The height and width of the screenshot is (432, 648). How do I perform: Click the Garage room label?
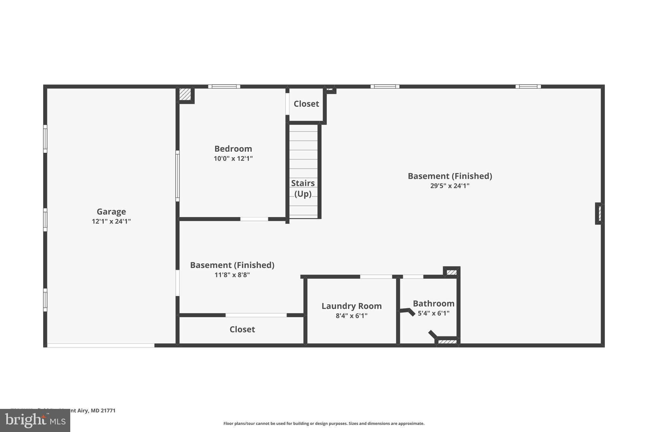pos(111,211)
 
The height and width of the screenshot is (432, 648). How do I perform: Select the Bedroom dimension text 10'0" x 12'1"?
pos(233,159)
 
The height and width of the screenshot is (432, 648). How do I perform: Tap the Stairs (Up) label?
pos(303,188)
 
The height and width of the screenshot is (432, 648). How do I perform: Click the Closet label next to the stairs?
pos(306,104)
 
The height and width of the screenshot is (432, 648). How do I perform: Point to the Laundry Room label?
pos(352,306)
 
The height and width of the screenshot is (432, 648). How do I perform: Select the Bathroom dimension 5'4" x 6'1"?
pos(433,313)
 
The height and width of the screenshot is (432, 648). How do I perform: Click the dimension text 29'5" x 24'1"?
pos(450,186)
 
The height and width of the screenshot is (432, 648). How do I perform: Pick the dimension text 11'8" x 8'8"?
pos(232,275)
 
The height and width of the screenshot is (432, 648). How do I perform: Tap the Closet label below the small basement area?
pos(242,329)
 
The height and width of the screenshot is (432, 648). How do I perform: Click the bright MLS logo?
pos(35,420)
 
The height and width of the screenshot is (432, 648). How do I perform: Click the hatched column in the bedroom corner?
pos(185,94)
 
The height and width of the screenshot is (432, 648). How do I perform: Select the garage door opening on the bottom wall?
pos(101,345)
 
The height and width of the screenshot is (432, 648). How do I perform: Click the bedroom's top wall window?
pos(224,86)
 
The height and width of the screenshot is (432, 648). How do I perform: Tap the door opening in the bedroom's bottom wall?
pos(254,219)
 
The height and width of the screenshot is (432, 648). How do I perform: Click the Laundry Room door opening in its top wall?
pos(376,277)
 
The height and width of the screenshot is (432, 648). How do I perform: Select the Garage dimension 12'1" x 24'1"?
pos(111,222)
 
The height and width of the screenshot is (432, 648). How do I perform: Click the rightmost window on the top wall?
pos(528,86)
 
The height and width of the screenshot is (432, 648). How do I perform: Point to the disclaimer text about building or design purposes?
pos(324,423)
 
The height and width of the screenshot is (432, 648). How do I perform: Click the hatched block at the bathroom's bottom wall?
pos(447,342)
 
